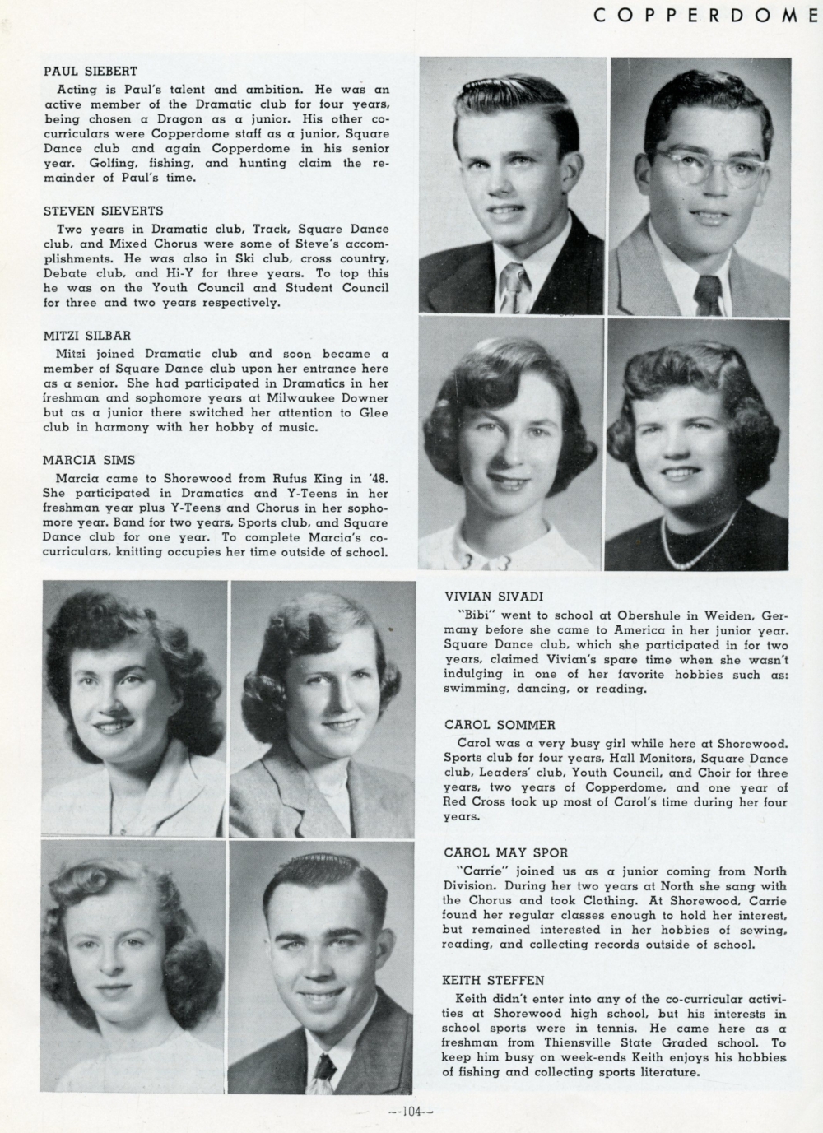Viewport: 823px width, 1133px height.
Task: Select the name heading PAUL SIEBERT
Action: tap(90, 72)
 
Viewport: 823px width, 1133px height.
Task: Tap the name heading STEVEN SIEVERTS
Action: tap(103, 211)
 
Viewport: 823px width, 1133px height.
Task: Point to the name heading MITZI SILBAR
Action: tap(86, 336)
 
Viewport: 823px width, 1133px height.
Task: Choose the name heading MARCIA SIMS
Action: tap(88, 460)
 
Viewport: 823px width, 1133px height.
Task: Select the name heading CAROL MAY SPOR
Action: tap(505, 852)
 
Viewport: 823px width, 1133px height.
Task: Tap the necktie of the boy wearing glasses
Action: tap(707, 295)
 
